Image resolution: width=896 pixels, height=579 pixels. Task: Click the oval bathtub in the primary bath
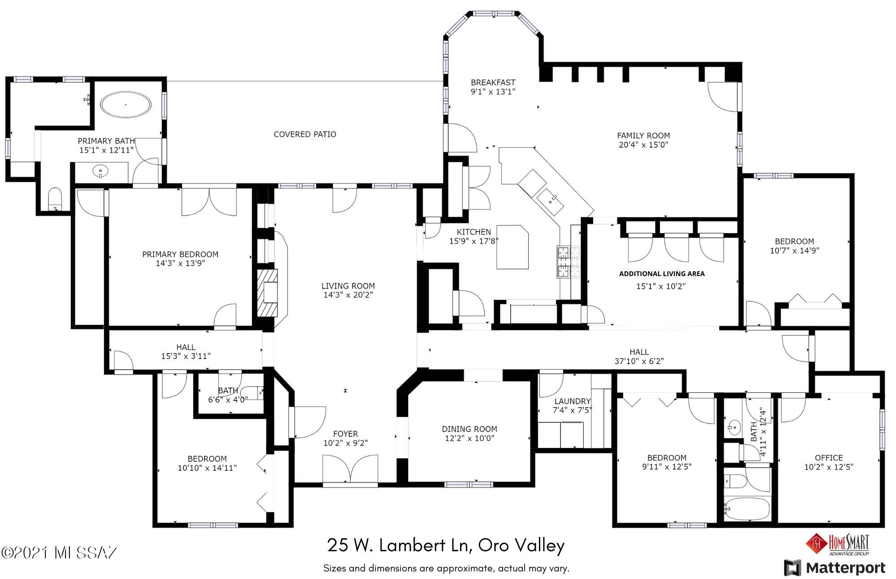tap(125, 105)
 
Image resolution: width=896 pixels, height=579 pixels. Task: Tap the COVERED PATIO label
tap(305, 134)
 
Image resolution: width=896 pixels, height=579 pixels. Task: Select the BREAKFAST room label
tap(493, 82)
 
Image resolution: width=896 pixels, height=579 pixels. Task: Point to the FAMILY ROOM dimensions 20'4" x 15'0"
tap(643, 145)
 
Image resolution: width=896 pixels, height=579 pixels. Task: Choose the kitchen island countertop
tap(513, 247)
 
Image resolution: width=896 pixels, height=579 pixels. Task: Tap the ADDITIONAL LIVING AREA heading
tap(662, 274)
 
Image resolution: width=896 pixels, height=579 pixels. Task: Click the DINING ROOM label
tap(470, 429)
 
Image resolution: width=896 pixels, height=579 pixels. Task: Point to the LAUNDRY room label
tap(573, 401)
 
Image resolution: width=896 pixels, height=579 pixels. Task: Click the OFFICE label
tap(829, 458)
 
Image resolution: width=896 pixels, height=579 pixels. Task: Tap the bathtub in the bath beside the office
tap(747, 509)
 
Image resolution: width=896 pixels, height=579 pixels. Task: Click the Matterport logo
tap(835, 568)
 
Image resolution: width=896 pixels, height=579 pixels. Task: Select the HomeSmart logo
tap(837, 545)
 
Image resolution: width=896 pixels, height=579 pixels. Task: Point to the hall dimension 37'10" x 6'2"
tap(639, 361)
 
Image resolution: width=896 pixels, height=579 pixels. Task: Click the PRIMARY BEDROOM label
tap(180, 254)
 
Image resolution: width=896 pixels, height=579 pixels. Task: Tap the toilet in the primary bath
tap(56, 199)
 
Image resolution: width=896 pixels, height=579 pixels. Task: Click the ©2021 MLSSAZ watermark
tap(60, 553)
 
